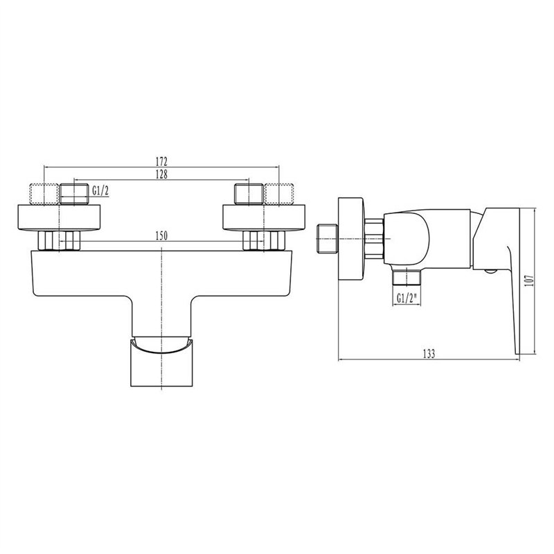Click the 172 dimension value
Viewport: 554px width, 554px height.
[x=161, y=161]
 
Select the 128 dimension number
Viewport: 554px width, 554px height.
[x=161, y=175]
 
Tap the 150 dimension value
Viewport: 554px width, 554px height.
[x=161, y=235]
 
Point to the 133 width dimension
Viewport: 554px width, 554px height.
[x=429, y=354]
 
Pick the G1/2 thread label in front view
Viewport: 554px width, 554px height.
[x=100, y=191]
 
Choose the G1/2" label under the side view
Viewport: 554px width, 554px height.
[x=406, y=298]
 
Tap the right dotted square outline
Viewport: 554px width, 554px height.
[x=279, y=194]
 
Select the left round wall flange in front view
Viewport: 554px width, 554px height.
[x=59, y=217]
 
